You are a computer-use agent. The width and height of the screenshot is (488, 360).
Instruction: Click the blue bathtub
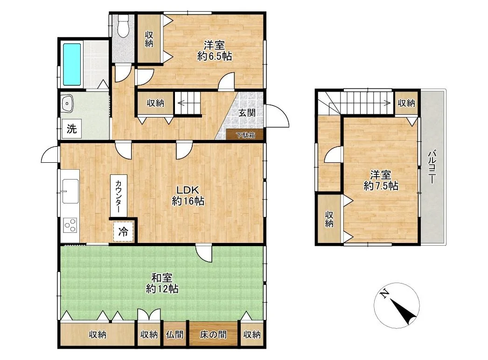pos(72,64)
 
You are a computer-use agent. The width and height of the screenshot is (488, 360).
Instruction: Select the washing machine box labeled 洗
pos(71,129)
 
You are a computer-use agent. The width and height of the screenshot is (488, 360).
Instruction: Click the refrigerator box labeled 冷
pos(123,231)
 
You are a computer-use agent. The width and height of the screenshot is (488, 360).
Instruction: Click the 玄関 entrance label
pos(247,113)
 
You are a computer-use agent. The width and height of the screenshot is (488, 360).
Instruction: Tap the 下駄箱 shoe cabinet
pos(245,135)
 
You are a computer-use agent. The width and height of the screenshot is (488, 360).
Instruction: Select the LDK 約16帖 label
pos(188,196)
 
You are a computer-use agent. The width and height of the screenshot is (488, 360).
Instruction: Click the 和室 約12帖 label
pos(162,283)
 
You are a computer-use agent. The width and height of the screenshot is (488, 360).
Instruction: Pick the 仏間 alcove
pos(175,334)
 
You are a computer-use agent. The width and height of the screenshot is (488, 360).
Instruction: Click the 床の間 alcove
pos(213,334)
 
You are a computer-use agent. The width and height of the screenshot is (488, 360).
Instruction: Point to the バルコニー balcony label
pos(432,167)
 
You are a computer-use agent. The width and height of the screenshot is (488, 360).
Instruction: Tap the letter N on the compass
pos(385,293)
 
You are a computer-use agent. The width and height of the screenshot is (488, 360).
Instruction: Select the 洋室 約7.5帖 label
pos(381,180)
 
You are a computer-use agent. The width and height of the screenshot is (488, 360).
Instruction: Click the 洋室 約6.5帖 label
pos(215,51)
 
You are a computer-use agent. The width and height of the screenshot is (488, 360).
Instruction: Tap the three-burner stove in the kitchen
pos(70,225)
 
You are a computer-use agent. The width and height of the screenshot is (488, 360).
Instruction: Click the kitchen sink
pos(70,191)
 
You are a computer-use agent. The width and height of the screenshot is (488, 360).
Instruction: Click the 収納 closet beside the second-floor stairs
pos(406,103)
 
